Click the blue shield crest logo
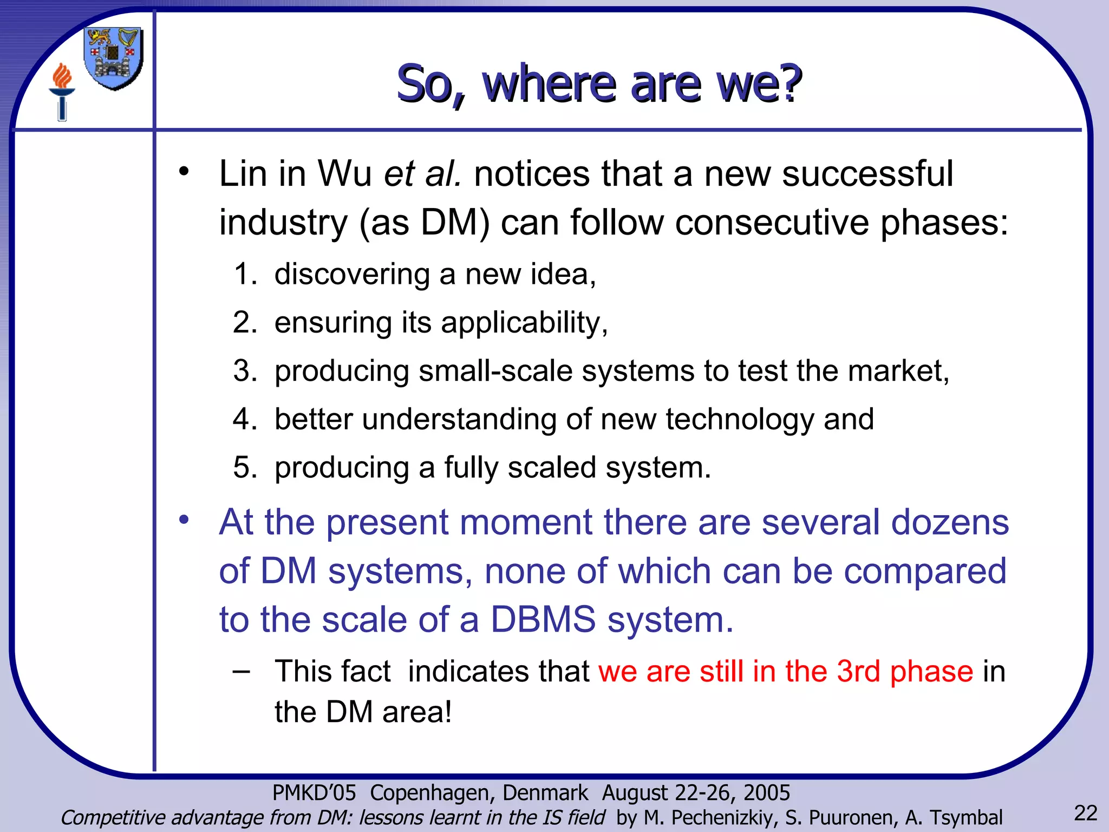[x=114, y=58]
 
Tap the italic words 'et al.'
[x=422, y=174]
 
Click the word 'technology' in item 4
[x=739, y=420]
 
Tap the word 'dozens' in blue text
[x=950, y=523]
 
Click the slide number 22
[x=1085, y=813]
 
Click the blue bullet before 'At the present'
[x=184, y=519]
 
